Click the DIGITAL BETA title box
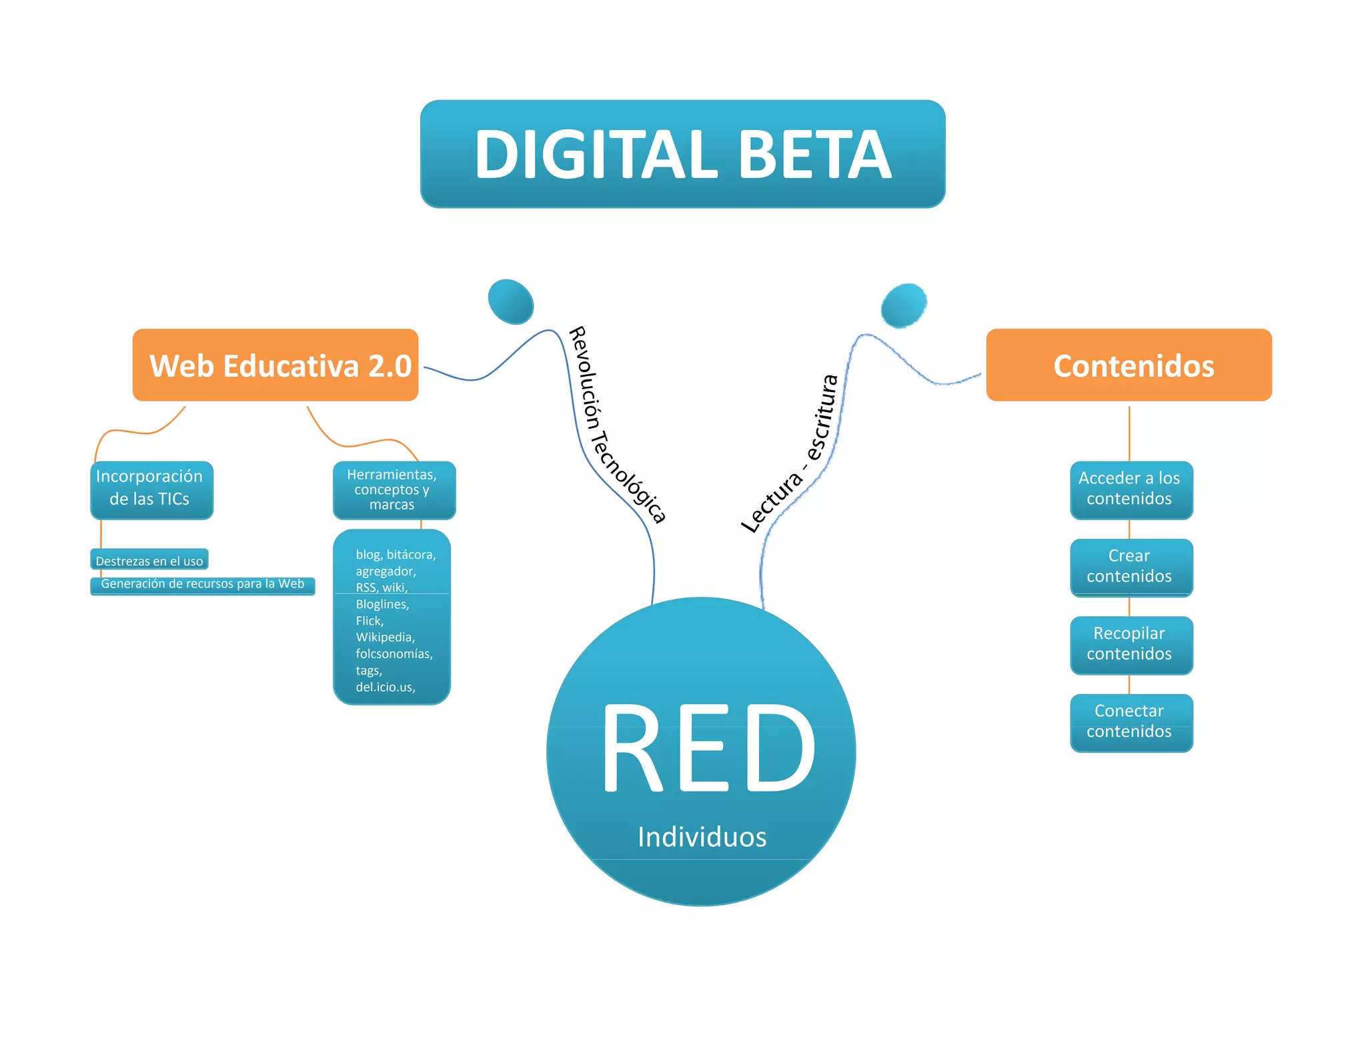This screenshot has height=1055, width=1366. coord(682,154)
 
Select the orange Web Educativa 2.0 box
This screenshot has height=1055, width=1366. coord(275,365)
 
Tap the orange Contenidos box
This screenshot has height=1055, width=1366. coord(1129,365)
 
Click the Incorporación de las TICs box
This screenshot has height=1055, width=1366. coord(151,489)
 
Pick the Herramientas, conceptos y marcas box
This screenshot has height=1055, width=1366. coord(394,489)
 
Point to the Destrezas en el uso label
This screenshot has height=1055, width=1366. coord(149,560)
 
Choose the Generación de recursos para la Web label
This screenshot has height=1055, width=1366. coord(202,584)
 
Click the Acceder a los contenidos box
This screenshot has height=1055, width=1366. coord(1131,489)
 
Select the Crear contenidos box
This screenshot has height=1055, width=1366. coord(1131,567)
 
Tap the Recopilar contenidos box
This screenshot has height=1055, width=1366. coord(1131,644)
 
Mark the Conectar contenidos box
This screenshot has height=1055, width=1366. coord(1131,722)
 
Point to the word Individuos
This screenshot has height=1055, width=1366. coord(702,837)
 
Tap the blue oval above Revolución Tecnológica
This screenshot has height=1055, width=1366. coord(511,301)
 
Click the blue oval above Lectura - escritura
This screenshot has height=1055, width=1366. coord(904,305)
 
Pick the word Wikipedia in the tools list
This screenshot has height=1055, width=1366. coord(385,638)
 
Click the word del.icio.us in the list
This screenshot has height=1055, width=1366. coord(385,687)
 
